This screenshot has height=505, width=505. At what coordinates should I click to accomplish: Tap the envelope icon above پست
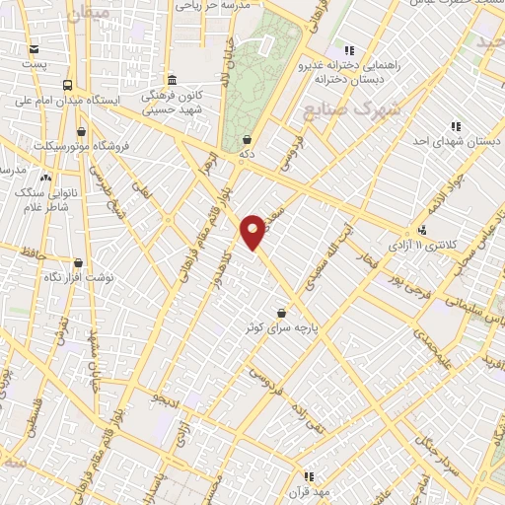pyautogui.click(x=36, y=49)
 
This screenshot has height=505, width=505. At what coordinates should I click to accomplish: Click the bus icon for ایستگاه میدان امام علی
pyautogui.click(x=67, y=85)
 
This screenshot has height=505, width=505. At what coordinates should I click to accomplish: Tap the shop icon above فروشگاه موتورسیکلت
pyautogui.click(x=80, y=131)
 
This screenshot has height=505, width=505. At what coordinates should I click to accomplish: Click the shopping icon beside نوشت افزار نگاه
pyautogui.click(x=78, y=263)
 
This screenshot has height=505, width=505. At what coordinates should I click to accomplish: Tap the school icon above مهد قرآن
pyautogui.click(x=309, y=476)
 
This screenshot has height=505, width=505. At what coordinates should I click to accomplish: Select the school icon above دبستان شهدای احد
pyautogui.click(x=455, y=126)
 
